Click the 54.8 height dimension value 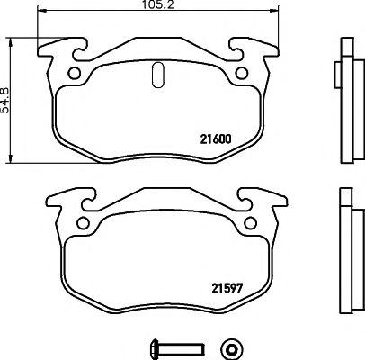pyautogui.click(x=8, y=91)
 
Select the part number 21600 pyautogui.click(x=214, y=139)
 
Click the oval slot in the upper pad pyautogui.click(x=158, y=75)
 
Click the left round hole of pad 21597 pyautogui.click(x=84, y=224)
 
